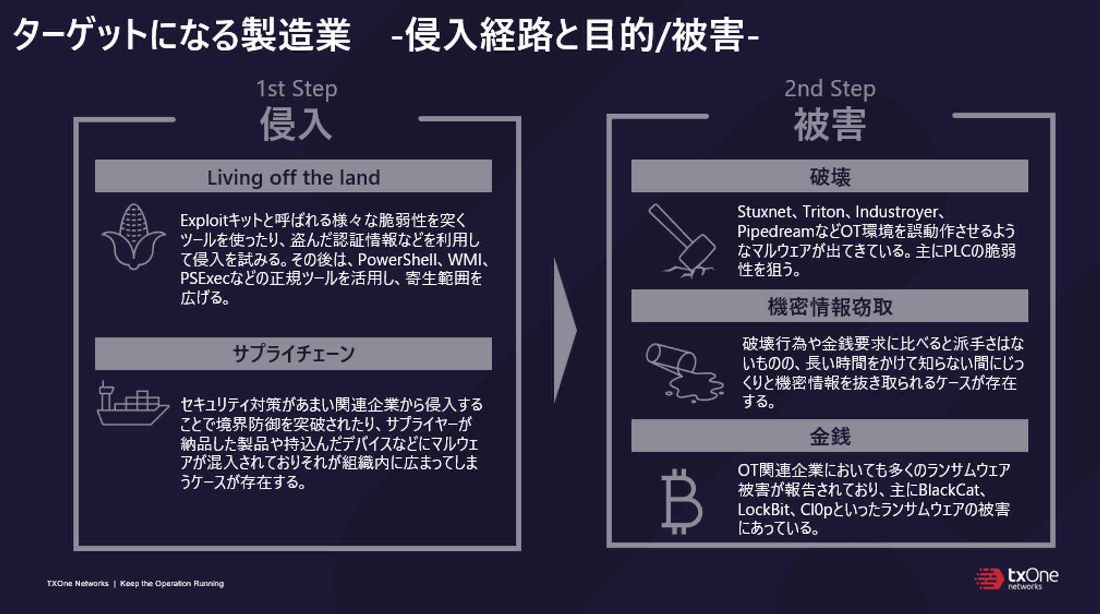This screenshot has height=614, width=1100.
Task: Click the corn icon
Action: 133,236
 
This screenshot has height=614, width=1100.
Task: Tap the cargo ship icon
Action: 132,405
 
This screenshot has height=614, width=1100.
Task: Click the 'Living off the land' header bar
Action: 293,177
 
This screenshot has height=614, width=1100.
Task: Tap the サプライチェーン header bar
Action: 293,353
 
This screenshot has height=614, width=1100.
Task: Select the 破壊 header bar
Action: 829,176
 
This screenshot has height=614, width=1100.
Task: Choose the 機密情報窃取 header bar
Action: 829,306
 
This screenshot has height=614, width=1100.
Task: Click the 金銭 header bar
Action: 829,436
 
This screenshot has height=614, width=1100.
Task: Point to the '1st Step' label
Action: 296,89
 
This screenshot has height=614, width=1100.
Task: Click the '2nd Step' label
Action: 830,88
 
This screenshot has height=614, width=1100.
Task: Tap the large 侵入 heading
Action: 296,124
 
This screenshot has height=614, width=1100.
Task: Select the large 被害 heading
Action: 830,124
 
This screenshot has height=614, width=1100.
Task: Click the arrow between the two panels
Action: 564,330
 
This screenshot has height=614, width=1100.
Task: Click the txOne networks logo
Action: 1016,578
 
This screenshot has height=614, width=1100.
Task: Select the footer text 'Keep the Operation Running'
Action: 172,584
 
